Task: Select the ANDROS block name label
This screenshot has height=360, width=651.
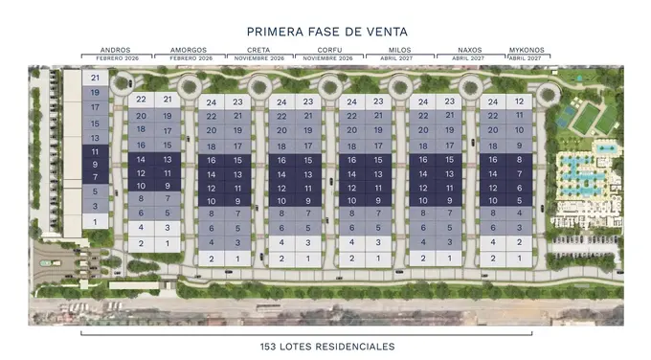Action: point(116,50)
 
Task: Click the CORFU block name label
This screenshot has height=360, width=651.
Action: point(329,50)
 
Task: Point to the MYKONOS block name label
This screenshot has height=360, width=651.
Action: point(527,50)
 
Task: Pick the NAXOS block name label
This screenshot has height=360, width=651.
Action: point(470,50)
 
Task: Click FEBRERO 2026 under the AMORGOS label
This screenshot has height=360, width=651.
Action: point(191,58)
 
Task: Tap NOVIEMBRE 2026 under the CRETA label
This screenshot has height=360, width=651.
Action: point(259,58)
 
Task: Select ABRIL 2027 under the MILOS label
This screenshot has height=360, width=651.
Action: point(396,58)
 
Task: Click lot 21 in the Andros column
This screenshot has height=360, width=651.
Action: point(95,78)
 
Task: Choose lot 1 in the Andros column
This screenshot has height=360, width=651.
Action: point(95,222)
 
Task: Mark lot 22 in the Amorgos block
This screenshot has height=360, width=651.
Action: point(141,100)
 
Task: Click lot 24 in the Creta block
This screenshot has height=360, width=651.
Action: point(212,102)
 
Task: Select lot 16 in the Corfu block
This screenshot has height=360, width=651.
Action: point(281,160)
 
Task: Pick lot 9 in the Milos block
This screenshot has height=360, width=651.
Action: point(378,201)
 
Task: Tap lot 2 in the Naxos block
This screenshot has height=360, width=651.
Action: point(423,259)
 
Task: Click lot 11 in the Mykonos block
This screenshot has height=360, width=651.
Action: point(520,115)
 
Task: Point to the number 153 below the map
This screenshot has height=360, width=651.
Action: point(268,347)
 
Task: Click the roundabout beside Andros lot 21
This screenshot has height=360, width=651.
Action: point(123,83)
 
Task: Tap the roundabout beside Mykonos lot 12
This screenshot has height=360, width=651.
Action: point(548,95)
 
